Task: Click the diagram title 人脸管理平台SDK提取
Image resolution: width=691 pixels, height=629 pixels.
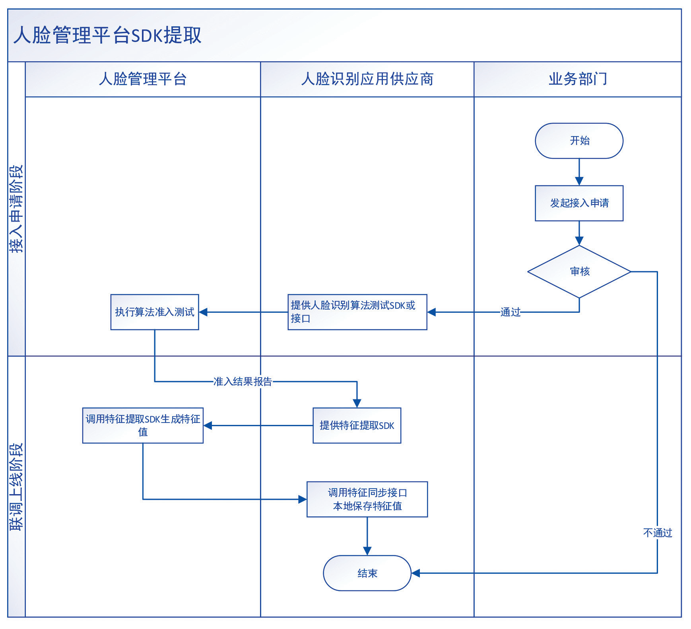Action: (x=107, y=35)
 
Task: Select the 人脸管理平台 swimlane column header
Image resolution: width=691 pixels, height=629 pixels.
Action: (x=143, y=79)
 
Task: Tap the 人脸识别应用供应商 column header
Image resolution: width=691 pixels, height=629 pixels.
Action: (x=367, y=79)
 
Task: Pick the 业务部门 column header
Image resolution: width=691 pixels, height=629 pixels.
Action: (x=578, y=79)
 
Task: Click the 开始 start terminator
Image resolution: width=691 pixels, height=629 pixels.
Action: (x=579, y=141)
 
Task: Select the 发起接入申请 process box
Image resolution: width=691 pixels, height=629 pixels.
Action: (x=579, y=203)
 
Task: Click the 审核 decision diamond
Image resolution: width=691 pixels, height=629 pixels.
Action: (x=579, y=272)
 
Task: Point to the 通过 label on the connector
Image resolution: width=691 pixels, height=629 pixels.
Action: (x=510, y=312)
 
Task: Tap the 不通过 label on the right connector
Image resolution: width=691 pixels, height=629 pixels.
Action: (x=658, y=533)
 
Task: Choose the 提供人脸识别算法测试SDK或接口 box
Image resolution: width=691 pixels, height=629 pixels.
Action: (x=357, y=312)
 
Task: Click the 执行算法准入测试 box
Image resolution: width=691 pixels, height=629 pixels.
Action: (x=155, y=312)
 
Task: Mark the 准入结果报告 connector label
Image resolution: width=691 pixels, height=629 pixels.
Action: (x=243, y=382)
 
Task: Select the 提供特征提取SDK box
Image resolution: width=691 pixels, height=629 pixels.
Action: (x=357, y=426)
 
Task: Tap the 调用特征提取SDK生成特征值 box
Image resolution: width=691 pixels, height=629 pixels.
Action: (x=143, y=426)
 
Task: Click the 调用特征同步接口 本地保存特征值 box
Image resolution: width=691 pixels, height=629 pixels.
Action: (x=367, y=500)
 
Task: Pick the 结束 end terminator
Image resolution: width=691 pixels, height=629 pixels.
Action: (x=367, y=573)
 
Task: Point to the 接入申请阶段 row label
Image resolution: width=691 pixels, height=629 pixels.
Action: (x=16, y=209)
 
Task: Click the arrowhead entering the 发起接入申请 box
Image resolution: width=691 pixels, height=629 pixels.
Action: (x=579, y=181)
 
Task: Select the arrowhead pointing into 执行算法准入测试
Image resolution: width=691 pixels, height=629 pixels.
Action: (x=203, y=312)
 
